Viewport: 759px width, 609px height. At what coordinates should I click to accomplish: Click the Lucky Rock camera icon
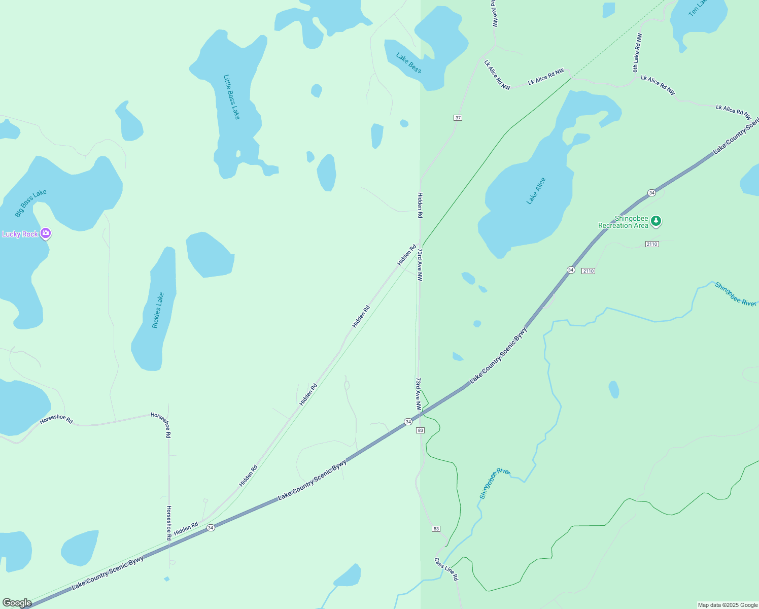pyautogui.click(x=46, y=233)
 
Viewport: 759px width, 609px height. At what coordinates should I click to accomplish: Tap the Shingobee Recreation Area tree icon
pyautogui.click(x=656, y=221)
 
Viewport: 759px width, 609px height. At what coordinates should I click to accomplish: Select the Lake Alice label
pyautogui.click(x=536, y=191)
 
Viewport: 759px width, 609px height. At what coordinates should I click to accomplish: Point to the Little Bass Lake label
pyautogui.click(x=231, y=97)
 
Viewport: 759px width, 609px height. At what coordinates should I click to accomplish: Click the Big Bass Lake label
pyautogui.click(x=30, y=202)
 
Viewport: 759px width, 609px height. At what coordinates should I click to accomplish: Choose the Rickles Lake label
pyautogui.click(x=158, y=310)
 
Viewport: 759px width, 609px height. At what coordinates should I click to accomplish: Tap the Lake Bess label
pyautogui.click(x=408, y=63)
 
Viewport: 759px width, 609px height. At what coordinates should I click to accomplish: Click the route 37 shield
pyautogui.click(x=458, y=118)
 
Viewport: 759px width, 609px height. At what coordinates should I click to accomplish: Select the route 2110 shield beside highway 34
pyautogui.click(x=588, y=271)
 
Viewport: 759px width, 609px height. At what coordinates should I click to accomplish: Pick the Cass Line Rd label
pyautogui.click(x=446, y=569)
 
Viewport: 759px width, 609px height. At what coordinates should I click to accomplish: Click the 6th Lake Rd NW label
pyautogui.click(x=637, y=53)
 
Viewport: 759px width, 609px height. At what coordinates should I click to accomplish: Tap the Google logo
pyautogui.click(x=17, y=603)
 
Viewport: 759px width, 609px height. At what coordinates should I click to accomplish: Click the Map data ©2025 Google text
pyautogui.click(x=728, y=605)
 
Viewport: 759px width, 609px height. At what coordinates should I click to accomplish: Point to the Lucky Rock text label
pyautogui.click(x=20, y=234)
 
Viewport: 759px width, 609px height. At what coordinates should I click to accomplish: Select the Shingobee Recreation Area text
pyautogui.click(x=623, y=222)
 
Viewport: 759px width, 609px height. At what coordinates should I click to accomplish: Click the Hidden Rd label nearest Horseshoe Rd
pyautogui.click(x=186, y=528)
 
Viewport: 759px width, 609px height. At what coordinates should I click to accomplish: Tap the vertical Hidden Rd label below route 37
pyautogui.click(x=420, y=205)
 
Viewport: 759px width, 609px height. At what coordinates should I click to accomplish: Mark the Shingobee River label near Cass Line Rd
pyautogui.click(x=493, y=483)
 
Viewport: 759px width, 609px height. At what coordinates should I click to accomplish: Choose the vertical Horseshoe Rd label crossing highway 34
pyautogui.click(x=169, y=523)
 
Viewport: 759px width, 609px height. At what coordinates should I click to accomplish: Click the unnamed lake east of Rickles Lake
pyautogui.click(x=210, y=255)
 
